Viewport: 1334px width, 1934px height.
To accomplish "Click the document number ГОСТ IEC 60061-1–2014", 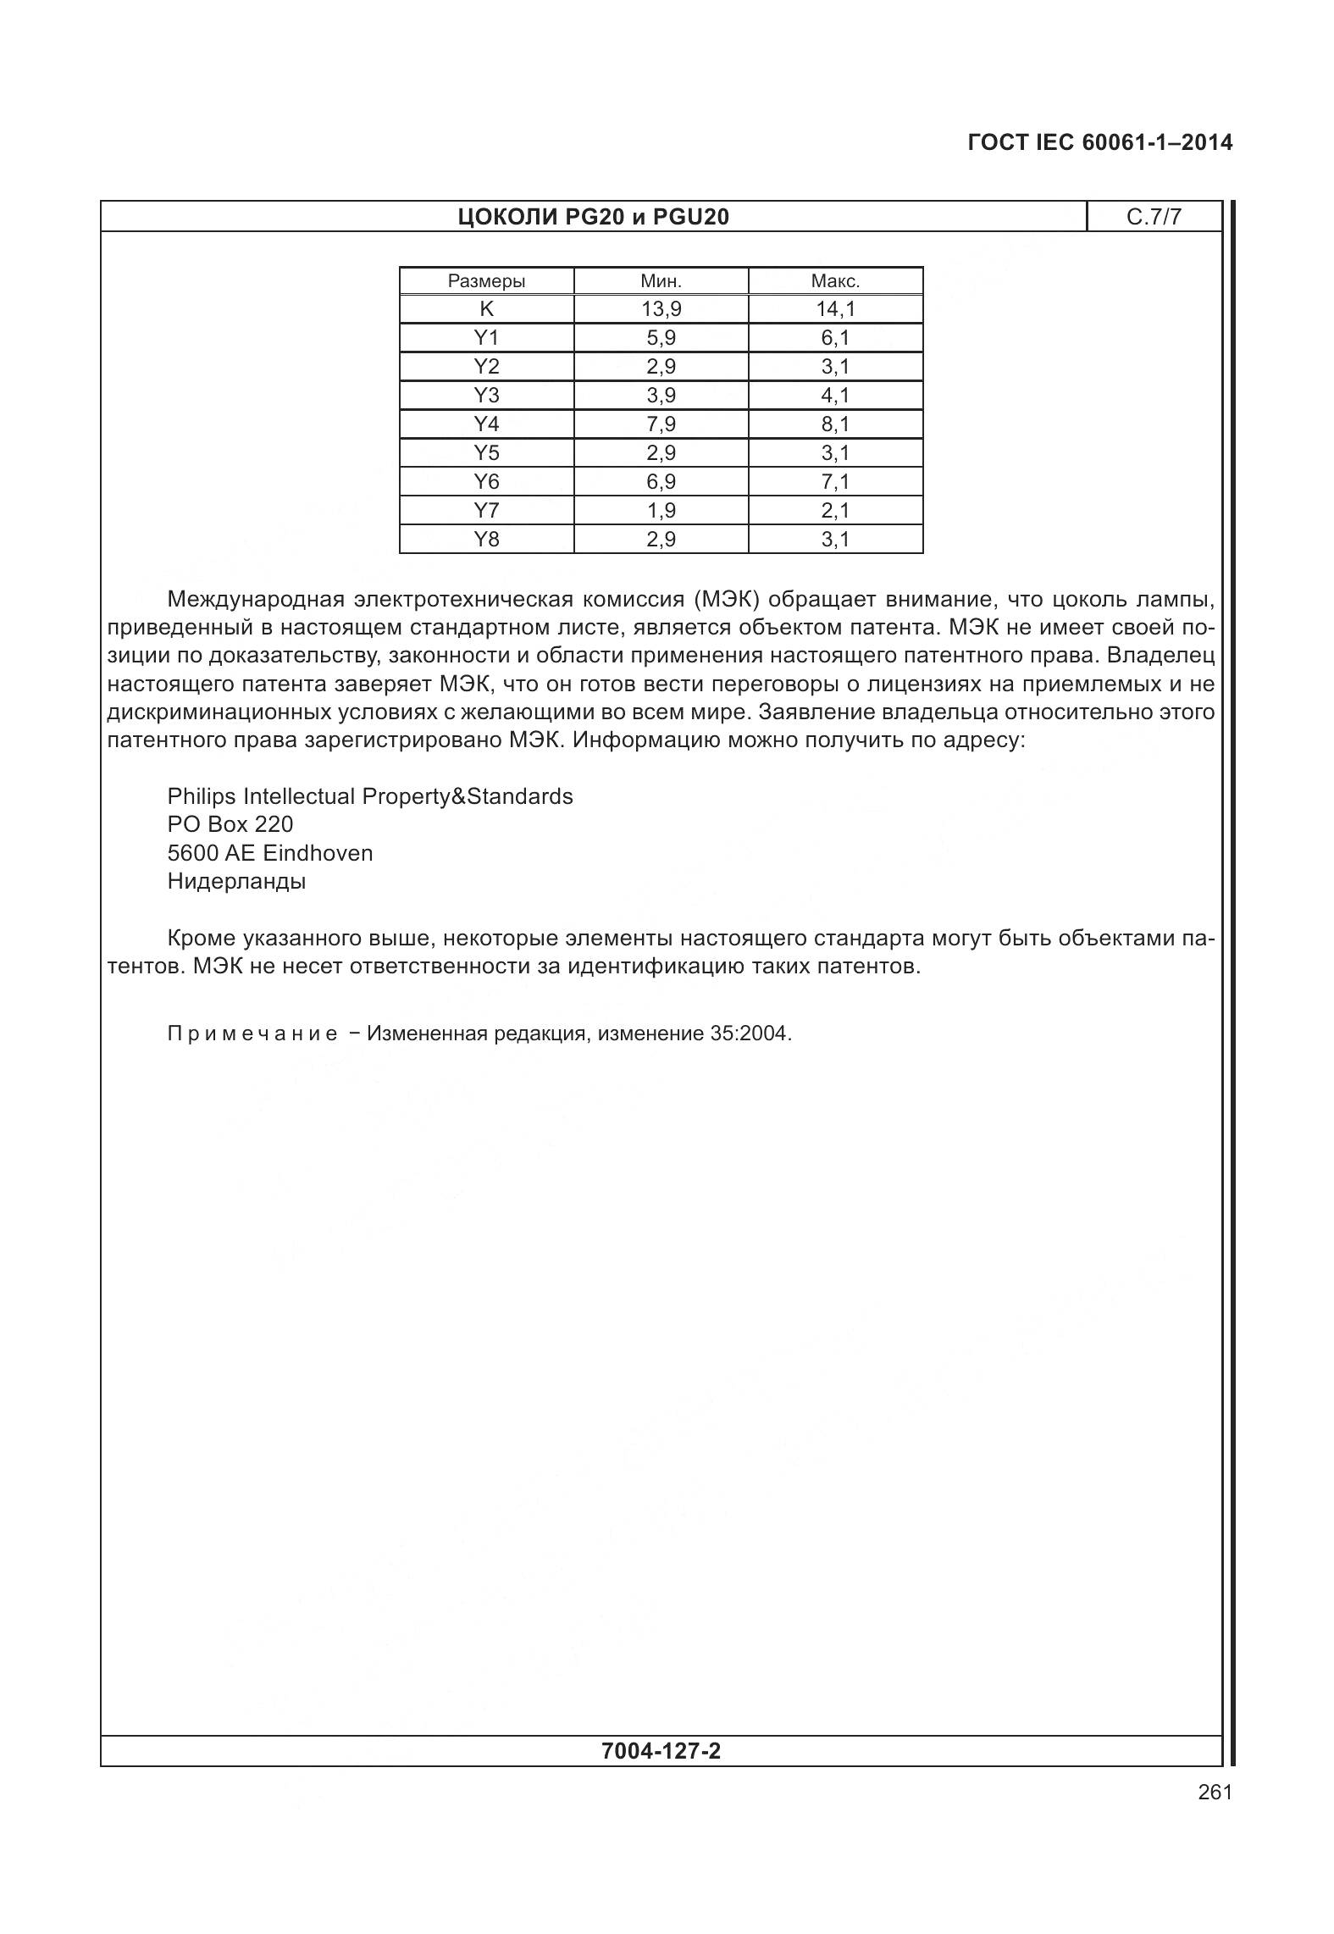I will click(x=1099, y=142).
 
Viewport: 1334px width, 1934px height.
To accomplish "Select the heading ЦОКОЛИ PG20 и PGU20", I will click(x=593, y=217).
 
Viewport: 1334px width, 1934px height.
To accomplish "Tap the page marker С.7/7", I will click(x=1153, y=217).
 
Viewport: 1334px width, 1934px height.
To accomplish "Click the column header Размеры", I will click(x=486, y=281).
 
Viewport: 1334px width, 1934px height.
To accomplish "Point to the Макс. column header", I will click(x=835, y=281).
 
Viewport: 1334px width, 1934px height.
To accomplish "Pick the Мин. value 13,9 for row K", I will click(x=661, y=309).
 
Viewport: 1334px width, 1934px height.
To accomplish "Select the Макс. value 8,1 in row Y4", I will click(x=835, y=424).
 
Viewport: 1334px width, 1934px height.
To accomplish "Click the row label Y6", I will click(x=486, y=481).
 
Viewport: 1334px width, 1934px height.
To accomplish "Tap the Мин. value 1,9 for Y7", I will click(x=661, y=510).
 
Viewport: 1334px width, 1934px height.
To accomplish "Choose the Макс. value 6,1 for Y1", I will click(x=835, y=338).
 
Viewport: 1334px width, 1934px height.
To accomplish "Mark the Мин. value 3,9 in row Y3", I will click(x=661, y=395).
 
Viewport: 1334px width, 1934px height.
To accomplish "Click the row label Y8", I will click(x=486, y=539).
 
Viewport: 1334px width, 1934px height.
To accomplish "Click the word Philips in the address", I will click(x=202, y=796).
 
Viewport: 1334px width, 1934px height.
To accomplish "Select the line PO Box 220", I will click(x=230, y=824).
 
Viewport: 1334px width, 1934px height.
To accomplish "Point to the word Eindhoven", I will click(x=318, y=853).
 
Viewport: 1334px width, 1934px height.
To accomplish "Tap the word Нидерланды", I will click(x=236, y=881).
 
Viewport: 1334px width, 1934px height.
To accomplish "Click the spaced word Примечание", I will click(x=252, y=1034).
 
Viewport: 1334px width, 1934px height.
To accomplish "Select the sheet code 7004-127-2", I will click(x=661, y=1751).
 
